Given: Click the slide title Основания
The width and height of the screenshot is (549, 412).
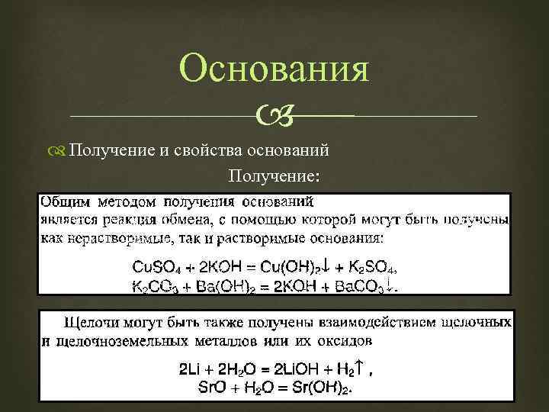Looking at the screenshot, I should pyautogui.click(x=274, y=70).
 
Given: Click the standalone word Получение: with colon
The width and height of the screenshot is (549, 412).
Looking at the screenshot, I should pyautogui.click(x=264, y=176).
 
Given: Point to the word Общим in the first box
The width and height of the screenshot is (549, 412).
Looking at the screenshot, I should pyautogui.click(x=64, y=202).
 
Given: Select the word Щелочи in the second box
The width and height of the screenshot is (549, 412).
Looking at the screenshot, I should pyautogui.click(x=89, y=321).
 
